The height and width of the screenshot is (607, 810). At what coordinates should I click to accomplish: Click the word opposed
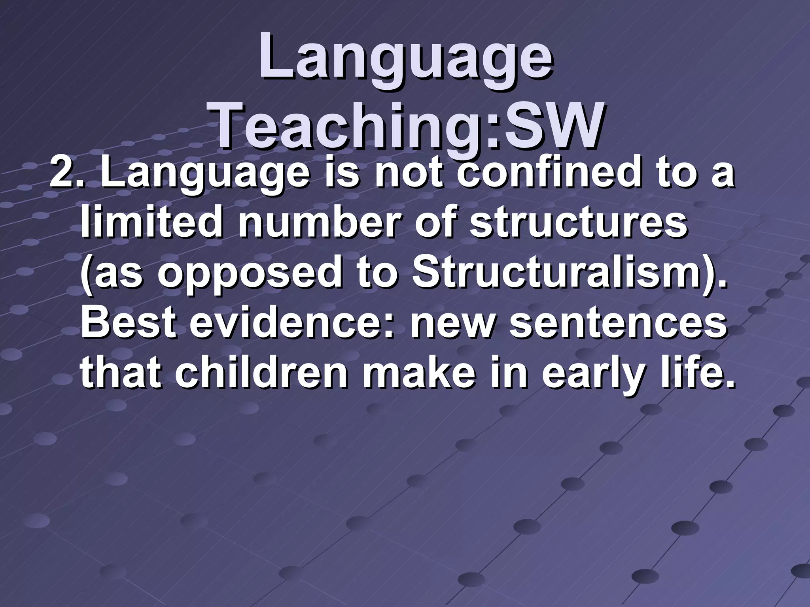click(249, 273)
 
